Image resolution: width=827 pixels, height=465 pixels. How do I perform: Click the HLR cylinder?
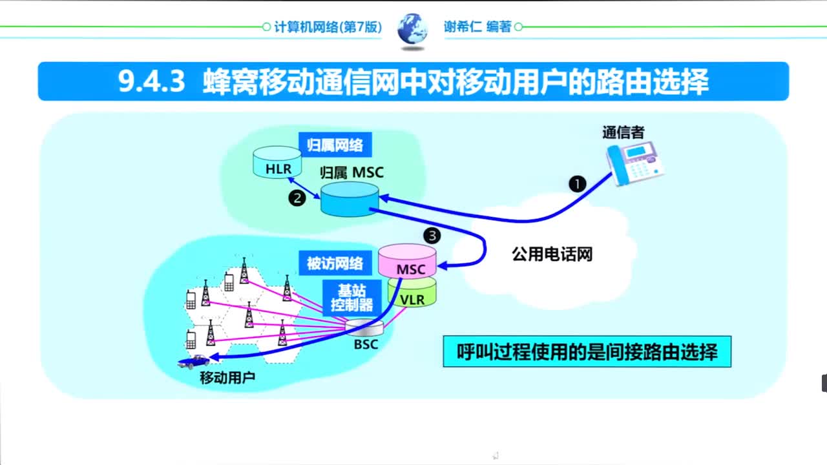(278, 163)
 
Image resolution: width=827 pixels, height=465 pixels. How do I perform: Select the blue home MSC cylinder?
(350, 199)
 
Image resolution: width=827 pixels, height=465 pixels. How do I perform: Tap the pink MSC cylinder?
(407, 261)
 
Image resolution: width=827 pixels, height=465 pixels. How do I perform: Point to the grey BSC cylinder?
(359, 327)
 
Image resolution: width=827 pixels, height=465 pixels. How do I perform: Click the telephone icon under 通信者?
(634, 163)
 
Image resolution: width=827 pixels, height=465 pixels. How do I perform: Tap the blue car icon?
(194, 362)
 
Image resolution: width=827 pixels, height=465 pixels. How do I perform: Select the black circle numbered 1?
(577, 184)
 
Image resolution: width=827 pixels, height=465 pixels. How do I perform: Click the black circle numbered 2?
(297, 199)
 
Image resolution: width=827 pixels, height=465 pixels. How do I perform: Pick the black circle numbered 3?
(432, 235)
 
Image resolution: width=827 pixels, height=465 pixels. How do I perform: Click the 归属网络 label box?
(334, 145)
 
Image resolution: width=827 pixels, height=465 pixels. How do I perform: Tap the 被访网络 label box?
(335, 263)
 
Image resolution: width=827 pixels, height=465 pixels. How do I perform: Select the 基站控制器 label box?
(351, 298)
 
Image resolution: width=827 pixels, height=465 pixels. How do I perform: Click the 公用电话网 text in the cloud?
(552, 254)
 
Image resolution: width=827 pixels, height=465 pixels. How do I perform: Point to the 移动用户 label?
(227, 377)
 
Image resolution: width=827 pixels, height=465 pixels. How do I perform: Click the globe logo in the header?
(412, 29)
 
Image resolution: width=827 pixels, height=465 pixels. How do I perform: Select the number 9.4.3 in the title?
(152, 82)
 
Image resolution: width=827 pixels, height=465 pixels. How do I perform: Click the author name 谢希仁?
(462, 27)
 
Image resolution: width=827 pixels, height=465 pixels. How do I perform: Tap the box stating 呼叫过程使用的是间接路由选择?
(587, 352)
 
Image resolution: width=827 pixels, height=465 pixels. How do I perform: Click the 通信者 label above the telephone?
(623, 132)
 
